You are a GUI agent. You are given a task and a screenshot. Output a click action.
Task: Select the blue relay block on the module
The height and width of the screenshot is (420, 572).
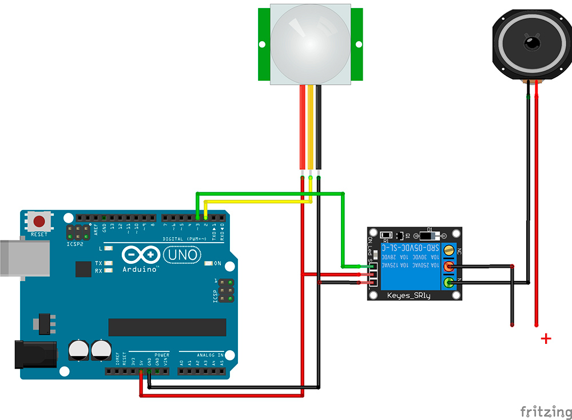[x=410, y=265]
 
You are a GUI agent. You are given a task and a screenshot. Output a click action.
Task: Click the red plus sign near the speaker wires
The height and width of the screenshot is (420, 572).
[x=546, y=339]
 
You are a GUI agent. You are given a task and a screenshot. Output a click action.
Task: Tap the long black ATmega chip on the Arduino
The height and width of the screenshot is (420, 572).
[x=166, y=327]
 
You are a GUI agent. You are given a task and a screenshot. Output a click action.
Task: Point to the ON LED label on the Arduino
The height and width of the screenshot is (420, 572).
[x=217, y=264]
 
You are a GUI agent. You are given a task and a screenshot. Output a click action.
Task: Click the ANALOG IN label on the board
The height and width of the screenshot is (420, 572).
[x=209, y=355]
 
